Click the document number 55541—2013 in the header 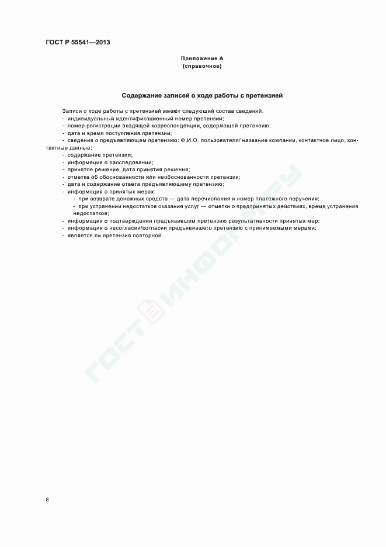[90, 42]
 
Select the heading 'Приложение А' [202, 59]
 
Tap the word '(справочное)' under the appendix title [202, 66]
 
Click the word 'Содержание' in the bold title [140, 95]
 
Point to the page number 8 [47, 500]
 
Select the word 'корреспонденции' [177, 126]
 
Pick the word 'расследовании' [134, 162]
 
